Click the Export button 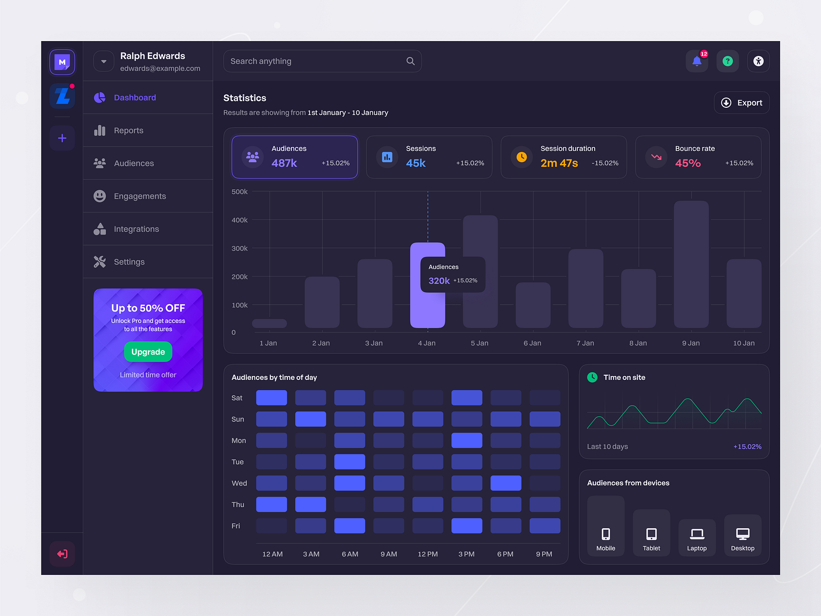[741, 103]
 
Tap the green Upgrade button [148, 352]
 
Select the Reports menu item [128, 130]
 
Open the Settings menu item [129, 262]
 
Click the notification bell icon [696, 61]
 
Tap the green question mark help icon [727, 61]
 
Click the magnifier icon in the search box [411, 61]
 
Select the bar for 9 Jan [691, 264]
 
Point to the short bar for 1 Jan [269, 323]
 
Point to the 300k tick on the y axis [239, 248]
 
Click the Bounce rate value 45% [688, 163]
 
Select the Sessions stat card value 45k [416, 163]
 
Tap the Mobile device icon [605, 534]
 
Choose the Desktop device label [742, 548]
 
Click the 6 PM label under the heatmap [505, 554]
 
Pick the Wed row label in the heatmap [239, 483]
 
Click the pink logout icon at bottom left [62, 554]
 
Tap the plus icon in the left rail [62, 138]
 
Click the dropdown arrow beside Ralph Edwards [104, 61]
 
